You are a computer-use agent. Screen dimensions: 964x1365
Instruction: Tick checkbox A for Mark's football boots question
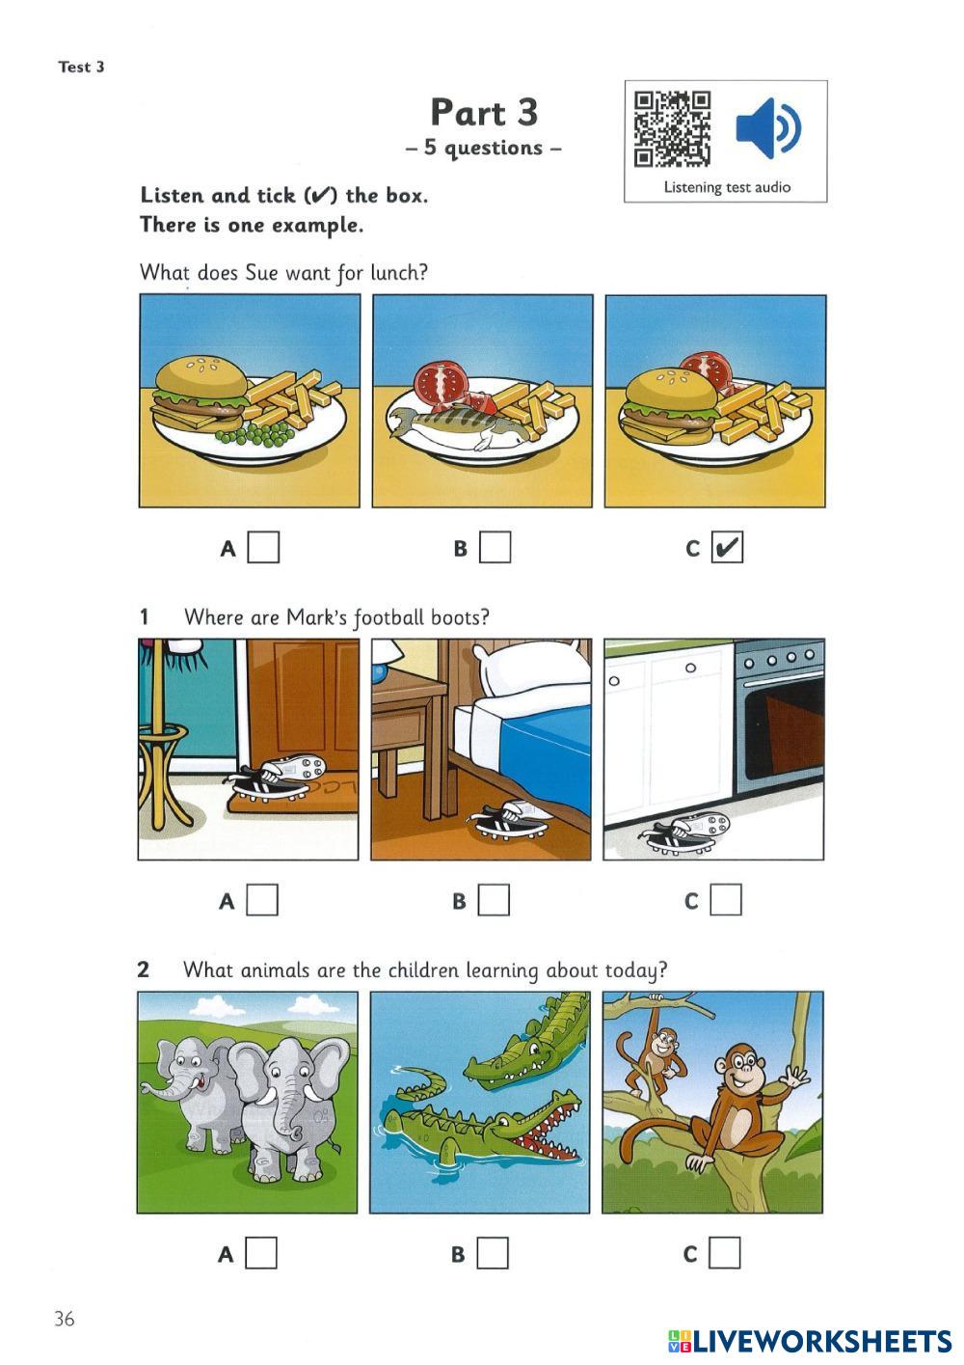[x=262, y=900]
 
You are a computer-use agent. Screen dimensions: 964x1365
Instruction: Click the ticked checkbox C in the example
[x=727, y=547]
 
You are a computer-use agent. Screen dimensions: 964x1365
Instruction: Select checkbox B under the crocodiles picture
[x=492, y=1253]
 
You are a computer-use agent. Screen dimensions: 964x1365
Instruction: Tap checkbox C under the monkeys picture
[x=725, y=1253]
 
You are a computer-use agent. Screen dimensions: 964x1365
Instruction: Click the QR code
[x=672, y=129]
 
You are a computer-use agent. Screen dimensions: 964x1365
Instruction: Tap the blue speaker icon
[x=768, y=128]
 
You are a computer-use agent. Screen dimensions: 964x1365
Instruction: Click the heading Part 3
[x=484, y=113]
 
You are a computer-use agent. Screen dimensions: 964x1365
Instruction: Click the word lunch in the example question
[x=399, y=272]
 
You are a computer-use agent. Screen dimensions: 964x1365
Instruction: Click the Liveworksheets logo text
[x=810, y=1341]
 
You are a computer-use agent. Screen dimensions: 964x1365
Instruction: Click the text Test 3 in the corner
[x=82, y=67]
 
